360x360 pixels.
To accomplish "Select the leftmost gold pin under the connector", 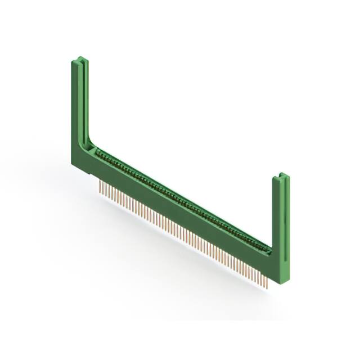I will tap(100, 187).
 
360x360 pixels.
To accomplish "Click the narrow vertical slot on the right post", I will tap(286, 225).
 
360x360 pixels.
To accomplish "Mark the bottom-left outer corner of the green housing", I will tap(73, 163).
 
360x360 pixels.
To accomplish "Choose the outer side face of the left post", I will tap(75, 107).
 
